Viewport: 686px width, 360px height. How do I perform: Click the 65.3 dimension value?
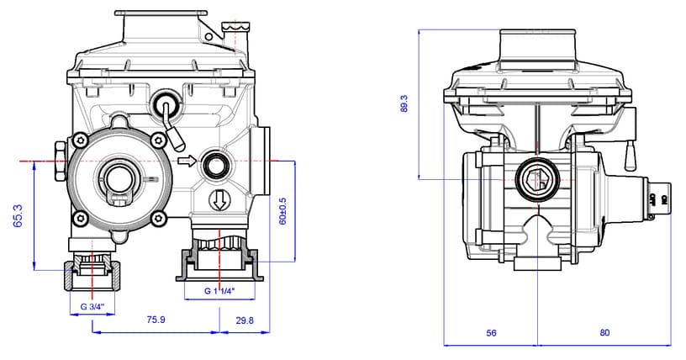[x=16, y=214]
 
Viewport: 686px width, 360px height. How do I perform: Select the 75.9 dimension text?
[x=156, y=320]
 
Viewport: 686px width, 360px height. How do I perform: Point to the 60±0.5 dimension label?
[x=283, y=211]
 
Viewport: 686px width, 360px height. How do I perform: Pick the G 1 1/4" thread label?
[x=219, y=290]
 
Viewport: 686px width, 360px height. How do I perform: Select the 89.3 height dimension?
[x=404, y=103]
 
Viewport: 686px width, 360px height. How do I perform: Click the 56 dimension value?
[x=492, y=333]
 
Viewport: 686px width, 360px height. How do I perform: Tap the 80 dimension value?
[x=604, y=333]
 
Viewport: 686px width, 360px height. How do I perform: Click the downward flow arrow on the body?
[x=219, y=199]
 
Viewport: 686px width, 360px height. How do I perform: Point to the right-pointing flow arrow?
[x=187, y=160]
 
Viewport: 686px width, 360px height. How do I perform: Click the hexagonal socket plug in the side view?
[x=536, y=178]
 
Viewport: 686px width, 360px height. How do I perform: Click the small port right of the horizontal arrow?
[x=217, y=165]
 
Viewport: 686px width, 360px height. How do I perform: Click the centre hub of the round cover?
[x=115, y=178]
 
